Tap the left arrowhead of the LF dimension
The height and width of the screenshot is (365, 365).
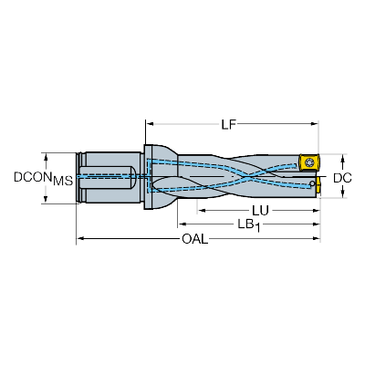[146, 124]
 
